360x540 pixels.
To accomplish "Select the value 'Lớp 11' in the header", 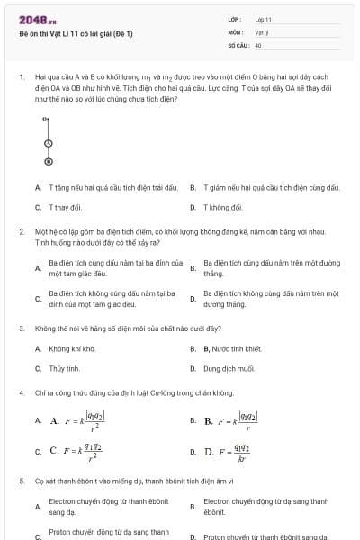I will pos(263,19).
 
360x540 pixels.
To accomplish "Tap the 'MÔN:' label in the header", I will pos(235,31).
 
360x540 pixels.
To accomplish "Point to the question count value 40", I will pos(258,44).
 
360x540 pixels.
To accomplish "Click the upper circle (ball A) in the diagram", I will pos(48,143).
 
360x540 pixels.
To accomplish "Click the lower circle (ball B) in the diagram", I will pos(48,161).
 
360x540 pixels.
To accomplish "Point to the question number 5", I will pos(22,481).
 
